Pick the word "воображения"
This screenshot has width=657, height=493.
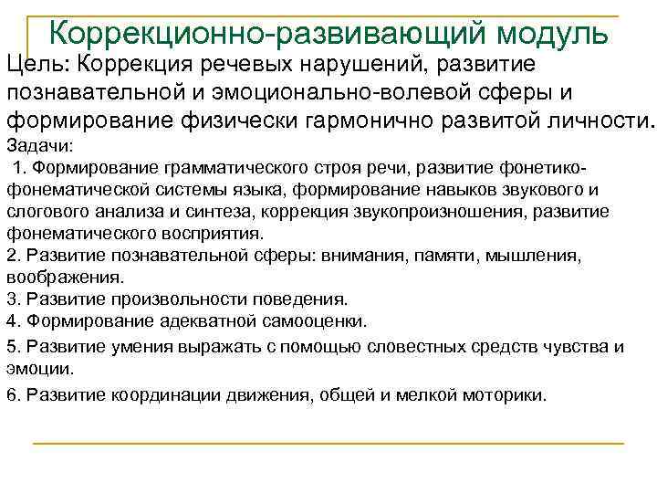pyautogui.click(x=63, y=276)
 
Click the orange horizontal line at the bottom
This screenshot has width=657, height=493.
pyautogui.click(x=328, y=444)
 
